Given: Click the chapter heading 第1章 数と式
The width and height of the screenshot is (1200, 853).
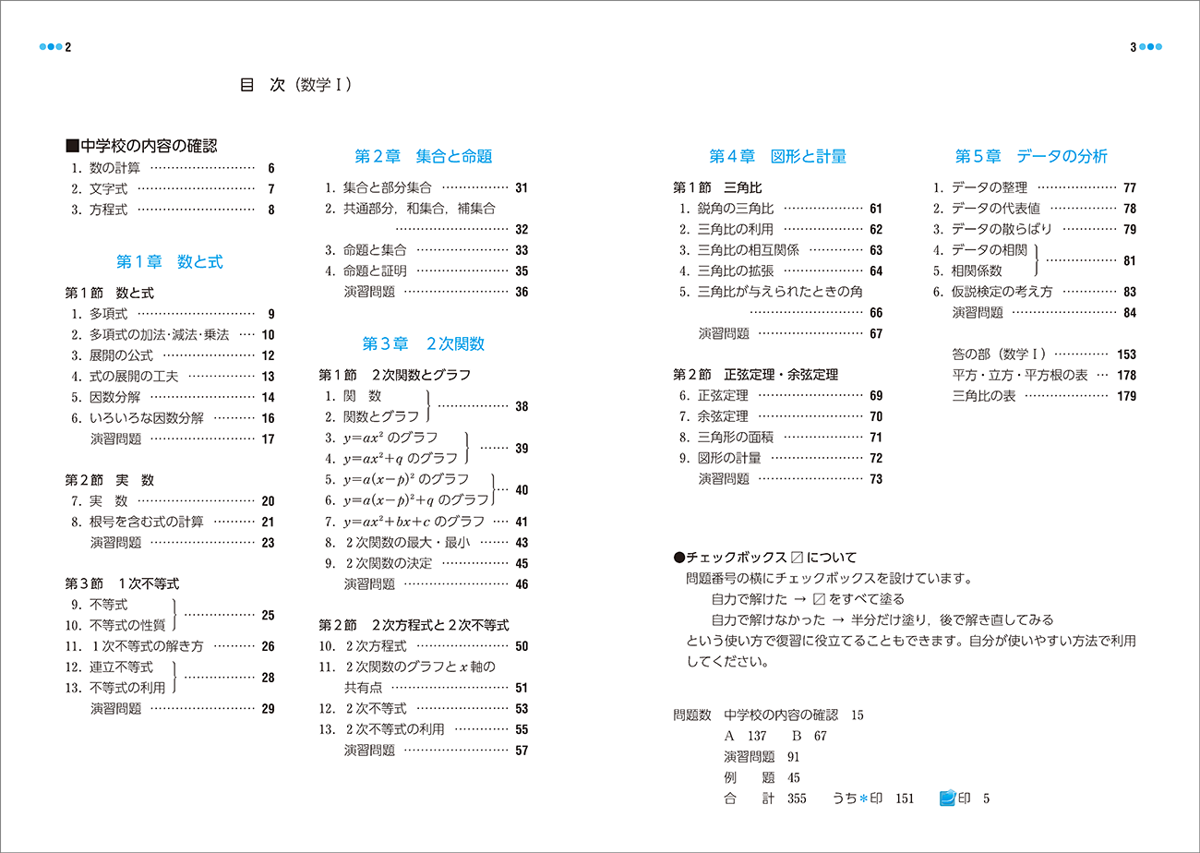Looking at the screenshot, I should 169,261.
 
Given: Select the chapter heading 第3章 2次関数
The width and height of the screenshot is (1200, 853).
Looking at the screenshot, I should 423,343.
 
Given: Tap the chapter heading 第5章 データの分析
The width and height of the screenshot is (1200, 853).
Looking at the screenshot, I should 1031,156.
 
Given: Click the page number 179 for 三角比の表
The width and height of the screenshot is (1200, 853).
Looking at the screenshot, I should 1126,397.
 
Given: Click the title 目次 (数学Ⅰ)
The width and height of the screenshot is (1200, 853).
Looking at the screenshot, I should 294,85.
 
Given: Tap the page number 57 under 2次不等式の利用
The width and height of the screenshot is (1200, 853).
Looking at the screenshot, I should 522,751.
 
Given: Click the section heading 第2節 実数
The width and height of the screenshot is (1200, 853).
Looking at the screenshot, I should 109,480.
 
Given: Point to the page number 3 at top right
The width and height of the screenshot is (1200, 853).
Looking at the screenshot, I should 1133,47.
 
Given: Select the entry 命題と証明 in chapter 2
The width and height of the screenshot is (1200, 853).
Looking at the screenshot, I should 375,270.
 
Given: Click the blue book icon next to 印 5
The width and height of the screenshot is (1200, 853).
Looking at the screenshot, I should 947,798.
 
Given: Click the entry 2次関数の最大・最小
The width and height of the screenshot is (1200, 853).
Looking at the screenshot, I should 407,543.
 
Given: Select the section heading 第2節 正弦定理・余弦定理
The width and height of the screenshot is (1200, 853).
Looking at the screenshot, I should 755,375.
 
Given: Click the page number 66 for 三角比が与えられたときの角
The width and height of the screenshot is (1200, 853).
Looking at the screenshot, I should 876,313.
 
